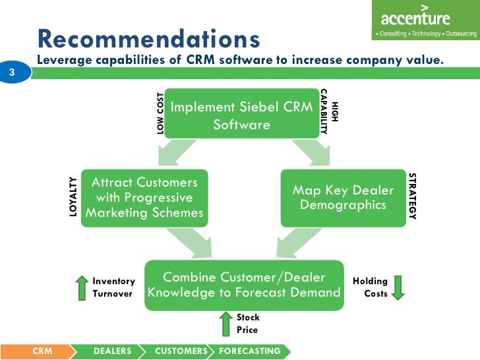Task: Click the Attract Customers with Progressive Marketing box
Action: click(x=144, y=197)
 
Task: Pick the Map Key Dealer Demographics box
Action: click(x=343, y=197)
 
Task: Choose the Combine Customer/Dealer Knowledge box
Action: click(x=244, y=284)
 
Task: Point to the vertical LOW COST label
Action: click(x=160, y=113)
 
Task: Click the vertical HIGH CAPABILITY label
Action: click(x=328, y=112)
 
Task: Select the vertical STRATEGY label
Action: click(x=413, y=196)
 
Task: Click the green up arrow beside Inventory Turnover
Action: click(x=82, y=287)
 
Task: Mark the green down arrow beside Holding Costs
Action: click(x=399, y=287)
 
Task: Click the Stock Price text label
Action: click(x=248, y=323)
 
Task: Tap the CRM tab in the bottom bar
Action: click(x=42, y=351)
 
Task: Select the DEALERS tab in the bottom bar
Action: click(x=112, y=351)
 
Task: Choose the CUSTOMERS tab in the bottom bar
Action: click(x=181, y=351)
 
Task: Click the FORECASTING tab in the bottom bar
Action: click(x=249, y=351)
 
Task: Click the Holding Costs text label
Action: click(x=371, y=287)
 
